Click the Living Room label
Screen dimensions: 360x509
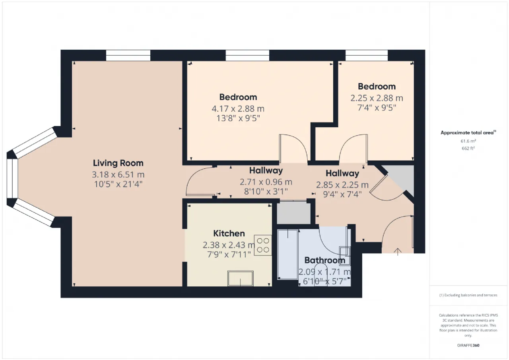point(118,163)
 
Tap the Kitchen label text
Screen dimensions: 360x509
point(229,234)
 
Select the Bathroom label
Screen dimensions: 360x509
point(324,261)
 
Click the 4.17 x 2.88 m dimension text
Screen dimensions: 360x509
point(238,108)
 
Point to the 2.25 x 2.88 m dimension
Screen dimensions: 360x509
point(377,98)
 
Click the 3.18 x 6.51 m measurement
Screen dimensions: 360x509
point(118,174)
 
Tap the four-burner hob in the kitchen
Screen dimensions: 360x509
point(263,245)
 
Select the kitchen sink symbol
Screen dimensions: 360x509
point(240,278)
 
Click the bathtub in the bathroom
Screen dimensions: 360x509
point(288,254)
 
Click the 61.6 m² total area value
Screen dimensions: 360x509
point(468,141)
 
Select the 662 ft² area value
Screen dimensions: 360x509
point(468,148)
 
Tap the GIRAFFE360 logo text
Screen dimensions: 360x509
point(468,345)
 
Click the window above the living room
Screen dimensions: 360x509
point(128,56)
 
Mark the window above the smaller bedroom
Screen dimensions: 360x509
point(366,56)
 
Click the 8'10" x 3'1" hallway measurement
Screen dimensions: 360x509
point(266,191)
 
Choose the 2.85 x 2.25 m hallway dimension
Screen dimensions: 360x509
point(342,185)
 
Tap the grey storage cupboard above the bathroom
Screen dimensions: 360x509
point(293,214)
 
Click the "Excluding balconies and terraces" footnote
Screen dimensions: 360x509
point(468,295)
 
